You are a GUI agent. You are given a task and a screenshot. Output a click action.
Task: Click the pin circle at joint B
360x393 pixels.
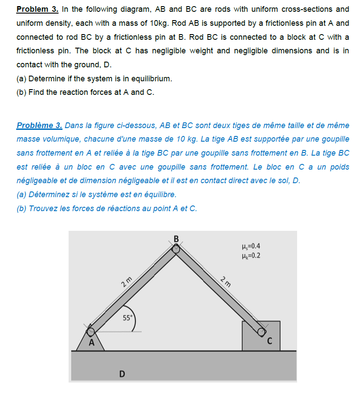click(176, 249)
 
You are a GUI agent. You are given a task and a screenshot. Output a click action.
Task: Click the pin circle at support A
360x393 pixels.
click(91, 331)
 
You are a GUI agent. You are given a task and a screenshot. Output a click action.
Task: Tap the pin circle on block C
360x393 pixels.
click(261, 332)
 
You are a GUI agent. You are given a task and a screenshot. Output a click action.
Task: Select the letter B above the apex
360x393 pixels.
click(176, 239)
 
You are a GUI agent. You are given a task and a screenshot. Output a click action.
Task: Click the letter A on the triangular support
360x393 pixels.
click(91, 343)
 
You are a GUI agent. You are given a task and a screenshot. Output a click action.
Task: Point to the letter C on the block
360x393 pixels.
click(269, 341)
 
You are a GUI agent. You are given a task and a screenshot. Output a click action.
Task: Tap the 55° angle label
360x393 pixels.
click(127, 318)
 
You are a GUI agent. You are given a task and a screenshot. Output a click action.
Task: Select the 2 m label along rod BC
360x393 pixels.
click(226, 280)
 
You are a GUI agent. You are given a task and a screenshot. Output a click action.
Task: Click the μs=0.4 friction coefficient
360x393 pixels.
click(250, 246)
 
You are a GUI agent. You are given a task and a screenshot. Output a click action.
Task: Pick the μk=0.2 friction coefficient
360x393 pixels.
click(250, 255)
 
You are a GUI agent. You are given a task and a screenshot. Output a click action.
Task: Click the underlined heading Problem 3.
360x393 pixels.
click(37, 9)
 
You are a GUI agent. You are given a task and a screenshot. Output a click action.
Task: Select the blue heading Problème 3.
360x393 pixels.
click(39, 126)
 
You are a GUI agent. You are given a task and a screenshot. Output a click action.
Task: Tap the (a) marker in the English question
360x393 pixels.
click(21, 79)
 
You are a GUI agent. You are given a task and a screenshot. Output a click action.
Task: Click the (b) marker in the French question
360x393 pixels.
click(21, 209)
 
